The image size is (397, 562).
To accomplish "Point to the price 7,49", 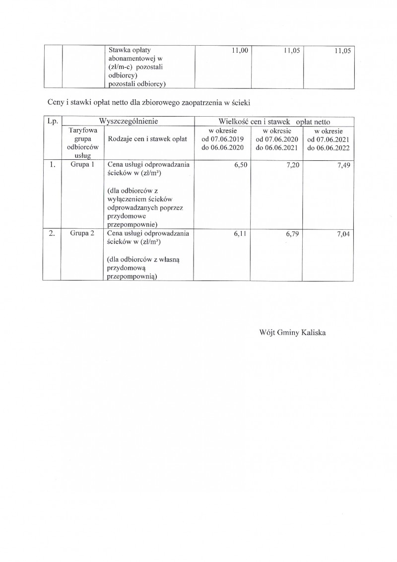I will click(x=343, y=166).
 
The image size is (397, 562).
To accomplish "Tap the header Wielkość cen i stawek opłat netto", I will click(x=274, y=122).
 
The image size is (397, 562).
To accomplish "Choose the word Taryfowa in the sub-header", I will click(x=82, y=130).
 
